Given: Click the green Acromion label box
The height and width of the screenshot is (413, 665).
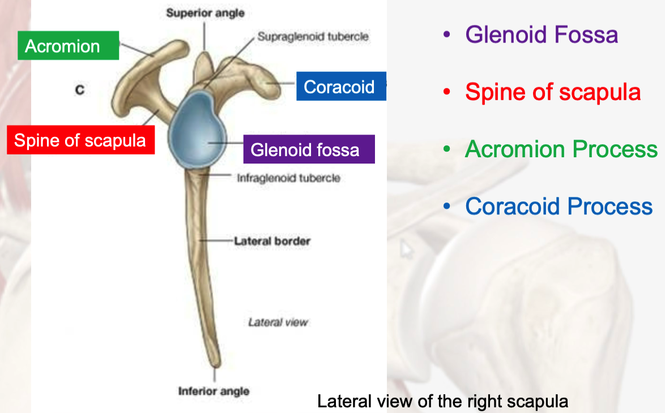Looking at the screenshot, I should [69, 46].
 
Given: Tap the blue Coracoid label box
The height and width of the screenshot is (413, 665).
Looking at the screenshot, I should [340, 87].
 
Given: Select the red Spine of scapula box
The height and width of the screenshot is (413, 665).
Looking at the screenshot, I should [80, 140].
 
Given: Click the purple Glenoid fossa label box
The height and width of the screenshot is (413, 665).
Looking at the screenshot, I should [308, 149].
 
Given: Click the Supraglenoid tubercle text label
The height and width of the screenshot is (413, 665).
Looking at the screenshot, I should [313, 37].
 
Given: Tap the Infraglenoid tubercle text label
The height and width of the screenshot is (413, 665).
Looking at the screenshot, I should [288, 178].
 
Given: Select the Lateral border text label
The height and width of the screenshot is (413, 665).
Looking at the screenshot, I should [272, 241].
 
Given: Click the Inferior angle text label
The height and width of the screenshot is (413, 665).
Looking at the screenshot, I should [214, 391].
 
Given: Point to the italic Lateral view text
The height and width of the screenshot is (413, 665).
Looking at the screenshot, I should [278, 322].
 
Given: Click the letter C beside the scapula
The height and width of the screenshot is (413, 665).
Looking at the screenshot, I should [80, 90].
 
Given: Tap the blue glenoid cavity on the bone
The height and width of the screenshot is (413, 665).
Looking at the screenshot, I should [198, 128].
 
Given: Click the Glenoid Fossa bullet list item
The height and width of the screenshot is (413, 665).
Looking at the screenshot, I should [541, 35].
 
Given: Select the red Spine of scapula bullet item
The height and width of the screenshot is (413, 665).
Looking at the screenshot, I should [552, 92].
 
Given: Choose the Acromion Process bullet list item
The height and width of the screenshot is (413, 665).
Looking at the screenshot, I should [561, 149].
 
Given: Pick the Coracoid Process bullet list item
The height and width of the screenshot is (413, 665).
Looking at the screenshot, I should [559, 206].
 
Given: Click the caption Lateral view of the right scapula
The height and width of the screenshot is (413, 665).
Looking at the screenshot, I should [442, 402].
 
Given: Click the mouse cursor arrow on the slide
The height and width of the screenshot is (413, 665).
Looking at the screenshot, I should [406, 250].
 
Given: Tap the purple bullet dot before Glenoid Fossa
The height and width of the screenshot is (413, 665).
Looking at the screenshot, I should [447, 35].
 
